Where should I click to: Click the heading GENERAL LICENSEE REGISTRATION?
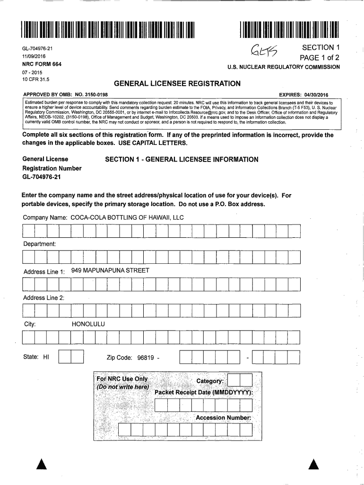(177, 84)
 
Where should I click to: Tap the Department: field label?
(40, 244)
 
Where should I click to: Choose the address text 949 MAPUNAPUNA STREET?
(110, 270)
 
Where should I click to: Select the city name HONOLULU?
(88, 324)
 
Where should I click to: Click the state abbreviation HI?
(46, 357)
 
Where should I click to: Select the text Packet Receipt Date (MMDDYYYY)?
(204, 393)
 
